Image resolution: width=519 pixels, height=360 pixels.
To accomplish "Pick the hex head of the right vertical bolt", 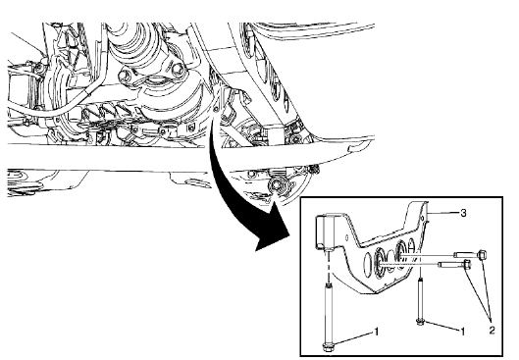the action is [420, 321].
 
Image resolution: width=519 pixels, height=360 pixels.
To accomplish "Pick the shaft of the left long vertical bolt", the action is [327, 309].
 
